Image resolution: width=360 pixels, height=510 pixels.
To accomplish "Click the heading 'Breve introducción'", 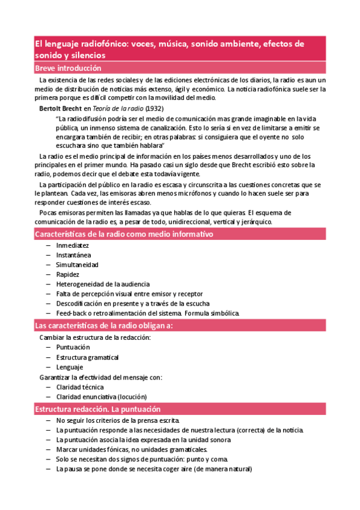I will [68, 68].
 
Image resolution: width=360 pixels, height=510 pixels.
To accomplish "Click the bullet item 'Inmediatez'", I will [72, 245].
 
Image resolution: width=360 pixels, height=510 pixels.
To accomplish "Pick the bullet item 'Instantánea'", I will [73, 255].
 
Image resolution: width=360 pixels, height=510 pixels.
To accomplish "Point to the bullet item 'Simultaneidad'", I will [77, 265].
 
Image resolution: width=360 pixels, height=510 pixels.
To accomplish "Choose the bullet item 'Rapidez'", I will [67, 274].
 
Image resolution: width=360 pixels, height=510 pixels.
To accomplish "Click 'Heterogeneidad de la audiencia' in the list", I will [103, 284].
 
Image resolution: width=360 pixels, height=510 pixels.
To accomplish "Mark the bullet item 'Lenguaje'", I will [70, 367].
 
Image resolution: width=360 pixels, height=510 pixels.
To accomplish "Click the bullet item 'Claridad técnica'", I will [80, 387].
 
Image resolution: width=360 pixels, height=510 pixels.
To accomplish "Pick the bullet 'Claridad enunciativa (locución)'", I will [101, 397].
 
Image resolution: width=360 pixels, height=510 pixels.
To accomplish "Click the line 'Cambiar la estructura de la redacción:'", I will [95, 337].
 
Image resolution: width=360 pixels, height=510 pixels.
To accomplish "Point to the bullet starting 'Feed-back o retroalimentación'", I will [148, 313].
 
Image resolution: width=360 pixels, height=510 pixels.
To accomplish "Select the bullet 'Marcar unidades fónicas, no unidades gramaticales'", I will [132, 449].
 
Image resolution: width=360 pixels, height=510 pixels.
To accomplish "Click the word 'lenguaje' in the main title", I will [63, 44].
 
